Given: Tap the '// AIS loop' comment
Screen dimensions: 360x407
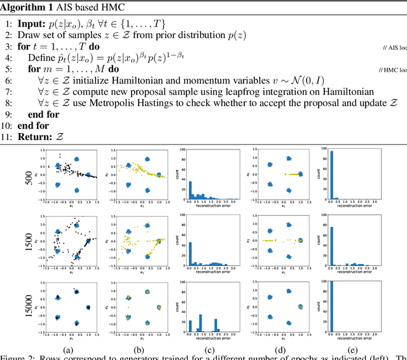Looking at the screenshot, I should pyautogui.click(x=395, y=48).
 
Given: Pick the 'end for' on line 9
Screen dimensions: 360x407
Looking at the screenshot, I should pyautogui.click(x=43, y=114).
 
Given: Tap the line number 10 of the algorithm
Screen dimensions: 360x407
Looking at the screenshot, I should pyautogui.click(x=8, y=125).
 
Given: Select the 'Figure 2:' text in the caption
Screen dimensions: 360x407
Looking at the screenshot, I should pyautogui.click(x=20, y=357).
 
